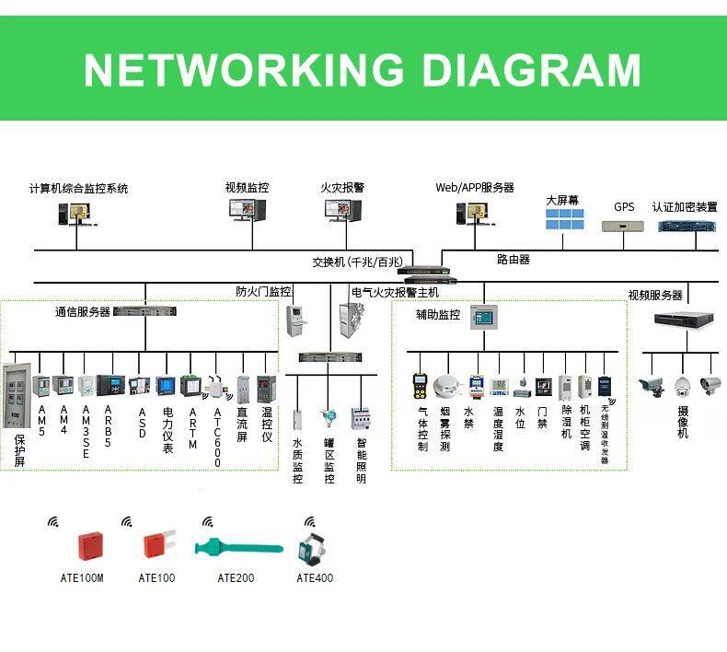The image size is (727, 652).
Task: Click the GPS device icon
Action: pos(625,225)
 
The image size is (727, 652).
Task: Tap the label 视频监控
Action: pos(247,187)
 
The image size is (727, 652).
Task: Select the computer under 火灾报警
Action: pos(343,212)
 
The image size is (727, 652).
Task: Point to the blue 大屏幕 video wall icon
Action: pos(564,219)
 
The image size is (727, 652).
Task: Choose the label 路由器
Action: pos(513,260)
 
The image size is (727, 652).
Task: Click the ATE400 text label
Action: pos(315,578)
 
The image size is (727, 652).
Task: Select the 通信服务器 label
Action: pos(82,312)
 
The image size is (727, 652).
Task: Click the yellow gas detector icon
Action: pos(421,385)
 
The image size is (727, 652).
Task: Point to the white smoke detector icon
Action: pos(446,386)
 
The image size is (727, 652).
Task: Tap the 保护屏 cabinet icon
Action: pos(17,398)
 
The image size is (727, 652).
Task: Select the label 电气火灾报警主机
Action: pos(395,292)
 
